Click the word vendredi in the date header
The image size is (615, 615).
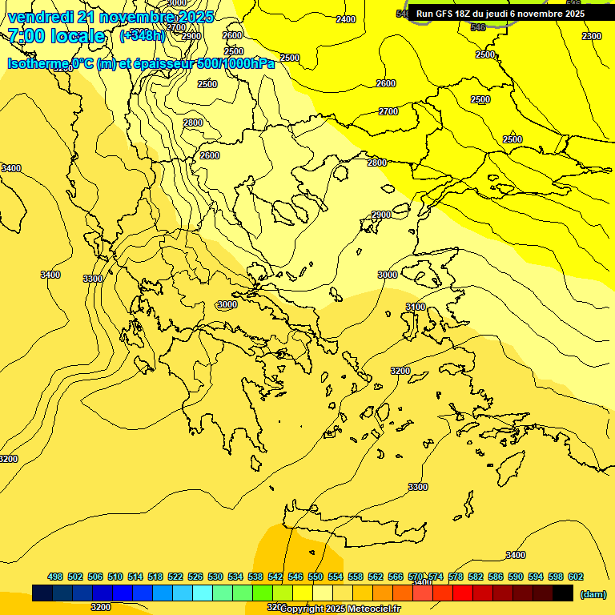(40, 17)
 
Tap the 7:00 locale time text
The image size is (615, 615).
(56, 36)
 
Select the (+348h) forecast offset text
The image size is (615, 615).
(143, 36)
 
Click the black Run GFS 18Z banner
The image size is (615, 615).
(500, 14)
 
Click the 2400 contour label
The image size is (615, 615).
(346, 19)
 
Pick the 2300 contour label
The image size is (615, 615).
(592, 36)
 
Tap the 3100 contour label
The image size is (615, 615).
(415, 307)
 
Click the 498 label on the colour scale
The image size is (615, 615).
(55, 577)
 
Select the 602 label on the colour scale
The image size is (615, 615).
(576, 577)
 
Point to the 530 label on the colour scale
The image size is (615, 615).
(215, 577)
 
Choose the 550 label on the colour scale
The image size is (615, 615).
(316, 577)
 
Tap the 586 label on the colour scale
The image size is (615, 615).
(496, 577)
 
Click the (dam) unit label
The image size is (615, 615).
(593, 593)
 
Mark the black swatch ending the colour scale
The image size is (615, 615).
(563, 593)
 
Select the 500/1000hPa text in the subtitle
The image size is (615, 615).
(235, 64)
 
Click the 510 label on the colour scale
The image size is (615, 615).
(115, 577)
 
